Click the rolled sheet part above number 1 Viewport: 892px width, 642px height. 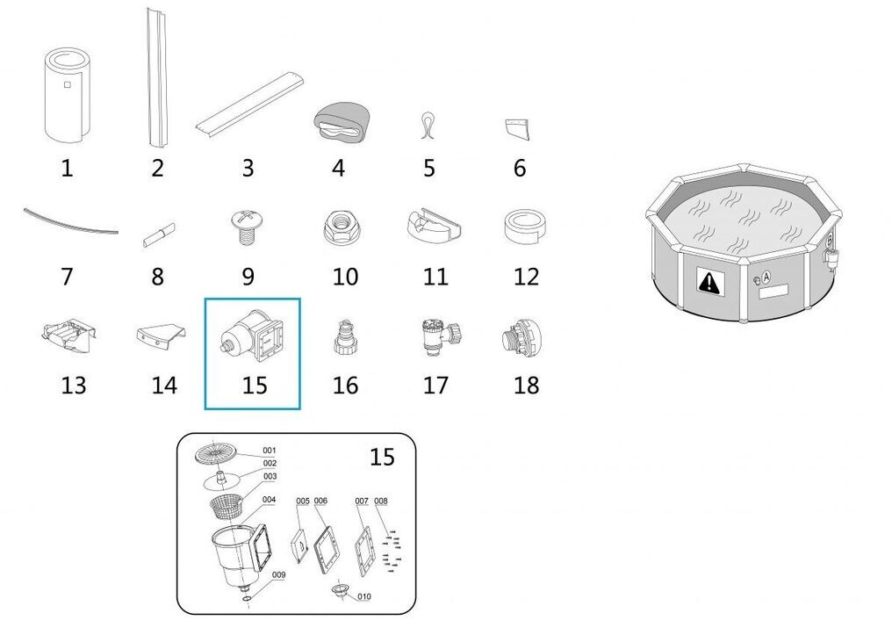click(67, 95)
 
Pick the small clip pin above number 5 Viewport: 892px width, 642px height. click(428, 126)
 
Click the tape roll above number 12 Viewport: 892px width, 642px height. click(525, 227)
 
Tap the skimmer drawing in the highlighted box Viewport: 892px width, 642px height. click(253, 337)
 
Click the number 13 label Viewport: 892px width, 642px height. click(74, 386)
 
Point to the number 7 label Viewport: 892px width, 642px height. click(67, 277)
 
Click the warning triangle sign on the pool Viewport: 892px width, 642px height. click(709, 281)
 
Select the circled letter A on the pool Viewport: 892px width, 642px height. click(766, 278)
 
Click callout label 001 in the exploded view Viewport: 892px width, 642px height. click(269, 451)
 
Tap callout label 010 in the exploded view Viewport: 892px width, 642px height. click(364, 596)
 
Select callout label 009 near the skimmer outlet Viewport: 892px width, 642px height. click(278, 575)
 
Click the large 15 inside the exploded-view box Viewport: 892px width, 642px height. click(382, 457)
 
